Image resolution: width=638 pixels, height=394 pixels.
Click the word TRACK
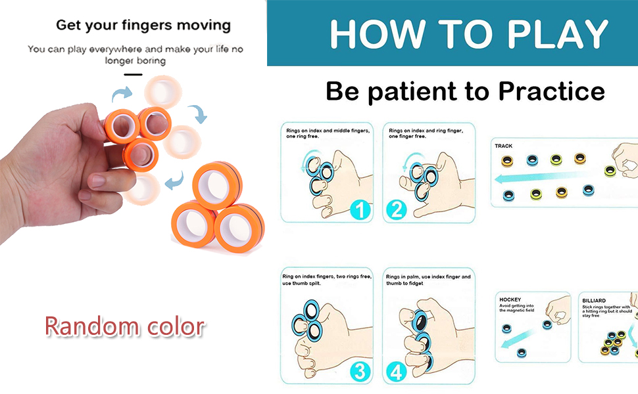(x=504, y=146)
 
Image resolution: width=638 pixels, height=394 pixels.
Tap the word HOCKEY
(x=510, y=299)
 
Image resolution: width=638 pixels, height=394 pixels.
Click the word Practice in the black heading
(x=551, y=91)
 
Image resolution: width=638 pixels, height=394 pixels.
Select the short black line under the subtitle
(x=134, y=74)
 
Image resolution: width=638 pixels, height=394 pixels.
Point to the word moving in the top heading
(x=206, y=26)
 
